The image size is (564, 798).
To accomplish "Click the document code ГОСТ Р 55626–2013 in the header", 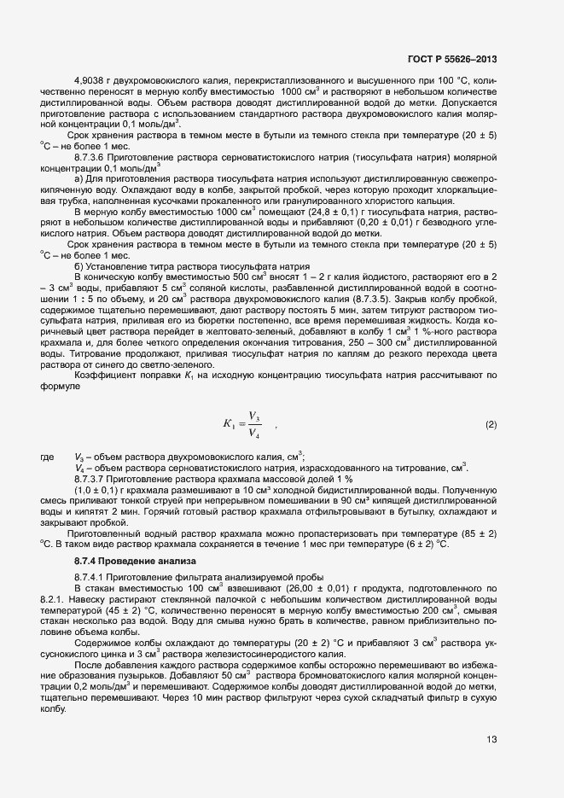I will (x=452, y=59).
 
